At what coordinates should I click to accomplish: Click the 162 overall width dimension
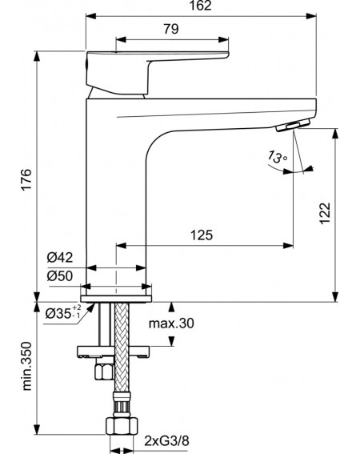pyautogui.click(x=201, y=6)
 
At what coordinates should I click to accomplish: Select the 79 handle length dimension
pyautogui.click(x=171, y=29)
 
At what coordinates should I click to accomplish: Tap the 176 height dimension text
pyautogui.click(x=27, y=179)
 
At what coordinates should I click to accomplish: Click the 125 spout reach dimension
pyautogui.click(x=202, y=235)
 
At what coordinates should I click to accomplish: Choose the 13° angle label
pyautogui.click(x=276, y=157)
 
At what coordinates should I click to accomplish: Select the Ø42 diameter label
pyautogui.click(x=60, y=257)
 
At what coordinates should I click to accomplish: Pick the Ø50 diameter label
pyautogui.click(x=60, y=275)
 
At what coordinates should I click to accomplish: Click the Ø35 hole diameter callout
pyautogui.click(x=62, y=312)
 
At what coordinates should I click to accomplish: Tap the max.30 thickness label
pyautogui.click(x=171, y=323)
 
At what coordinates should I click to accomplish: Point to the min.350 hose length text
pyautogui.click(x=27, y=366)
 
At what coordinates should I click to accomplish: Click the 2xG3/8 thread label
pyautogui.click(x=166, y=441)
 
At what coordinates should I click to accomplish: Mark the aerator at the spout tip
pyautogui.click(x=293, y=126)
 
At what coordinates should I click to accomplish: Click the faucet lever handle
pyautogui.click(x=154, y=71)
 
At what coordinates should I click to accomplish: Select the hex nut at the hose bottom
pyautogui.click(x=122, y=426)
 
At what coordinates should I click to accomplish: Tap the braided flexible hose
pyautogui.click(x=122, y=348)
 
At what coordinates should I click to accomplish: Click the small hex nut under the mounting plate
pyautogui.click(x=104, y=372)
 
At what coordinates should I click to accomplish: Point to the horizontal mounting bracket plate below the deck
pyautogui.click(x=113, y=351)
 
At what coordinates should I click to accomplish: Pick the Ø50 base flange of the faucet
pyautogui.click(x=116, y=299)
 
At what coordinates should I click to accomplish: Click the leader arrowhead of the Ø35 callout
pyautogui.click(x=91, y=307)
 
